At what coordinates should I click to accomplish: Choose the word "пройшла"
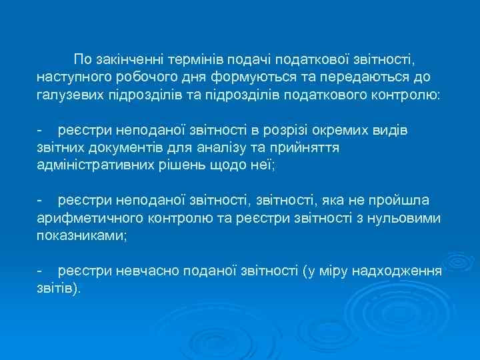coord(403,200)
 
